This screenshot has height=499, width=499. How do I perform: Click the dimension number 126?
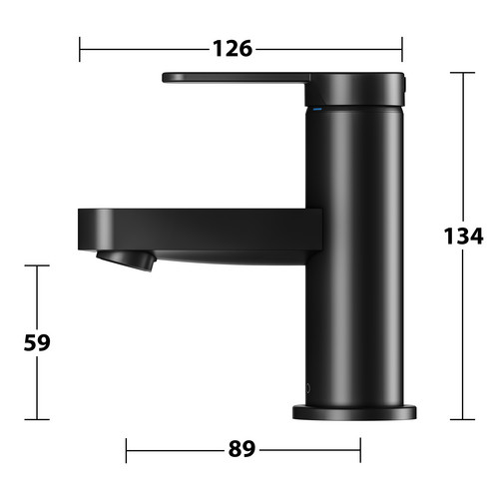(x=233, y=49)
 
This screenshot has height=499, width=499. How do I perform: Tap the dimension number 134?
(x=463, y=237)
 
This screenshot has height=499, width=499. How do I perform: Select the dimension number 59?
(x=37, y=342)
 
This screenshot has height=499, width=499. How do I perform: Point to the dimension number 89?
(x=242, y=449)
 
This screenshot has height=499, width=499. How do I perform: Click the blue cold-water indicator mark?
(x=317, y=109)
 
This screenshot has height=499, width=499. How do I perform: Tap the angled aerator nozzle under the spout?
(x=127, y=260)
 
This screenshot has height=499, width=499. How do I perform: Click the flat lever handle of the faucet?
(x=237, y=78)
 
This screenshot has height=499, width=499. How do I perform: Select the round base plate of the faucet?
(x=354, y=412)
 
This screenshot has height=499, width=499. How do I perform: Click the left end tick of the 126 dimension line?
(x=80, y=49)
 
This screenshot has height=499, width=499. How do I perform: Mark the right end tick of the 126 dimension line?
(x=402, y=49)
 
